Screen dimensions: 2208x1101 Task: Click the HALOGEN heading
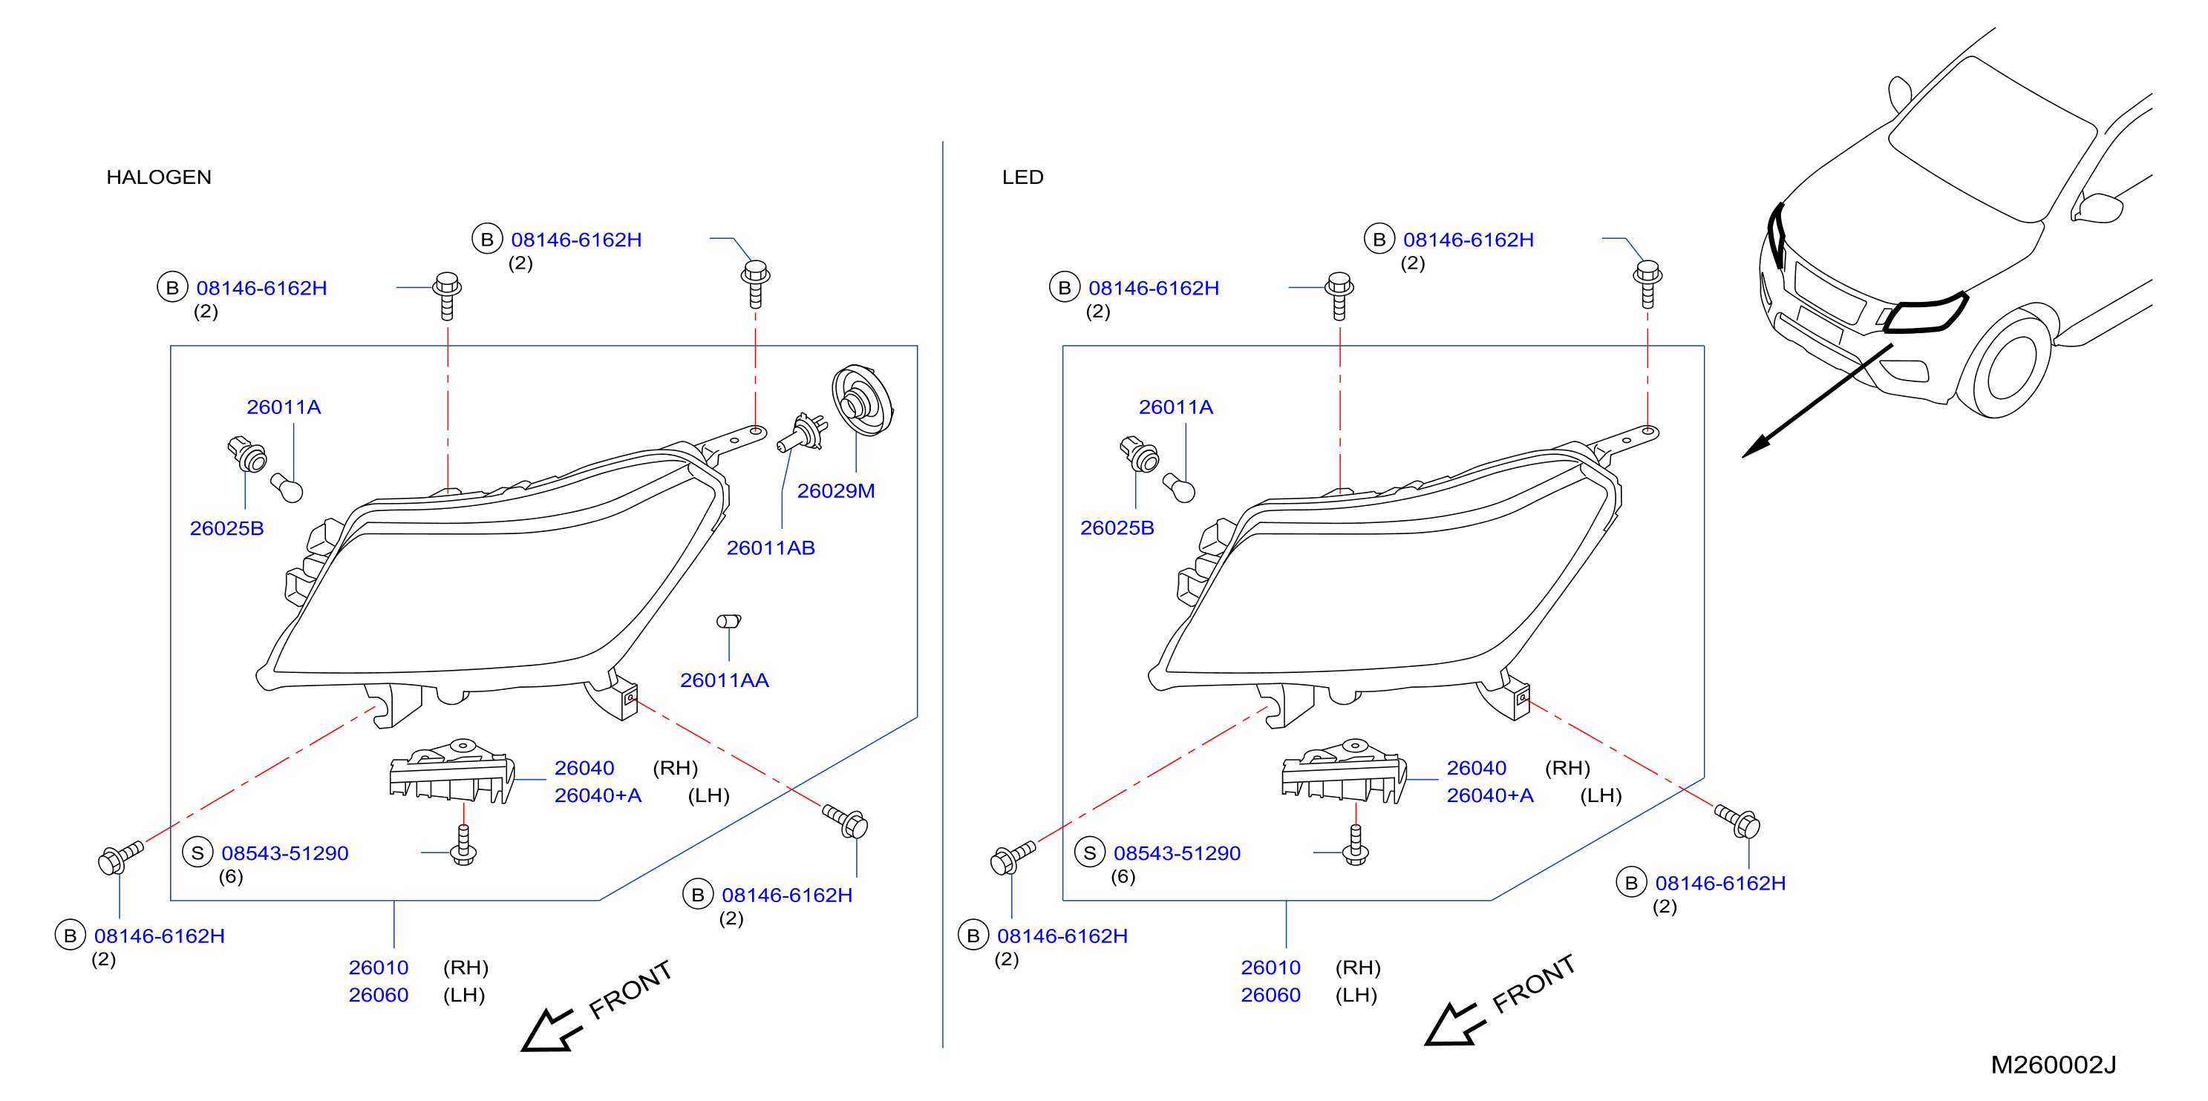pos(159,177)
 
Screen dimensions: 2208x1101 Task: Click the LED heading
pos(1022,177)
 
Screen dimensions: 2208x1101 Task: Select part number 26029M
pos(836,491)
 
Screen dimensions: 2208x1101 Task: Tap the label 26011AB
pos(771,548)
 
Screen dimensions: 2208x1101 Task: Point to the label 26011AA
pos(725,680)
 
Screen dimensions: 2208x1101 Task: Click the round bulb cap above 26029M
pos(861,400)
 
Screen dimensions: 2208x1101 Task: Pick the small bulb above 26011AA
pos(728,621)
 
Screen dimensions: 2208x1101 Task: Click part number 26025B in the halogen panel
pos(226,529)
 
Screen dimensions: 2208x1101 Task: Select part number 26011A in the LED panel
pos(1175,408)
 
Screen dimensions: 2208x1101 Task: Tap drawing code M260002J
pos(2053,1065)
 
